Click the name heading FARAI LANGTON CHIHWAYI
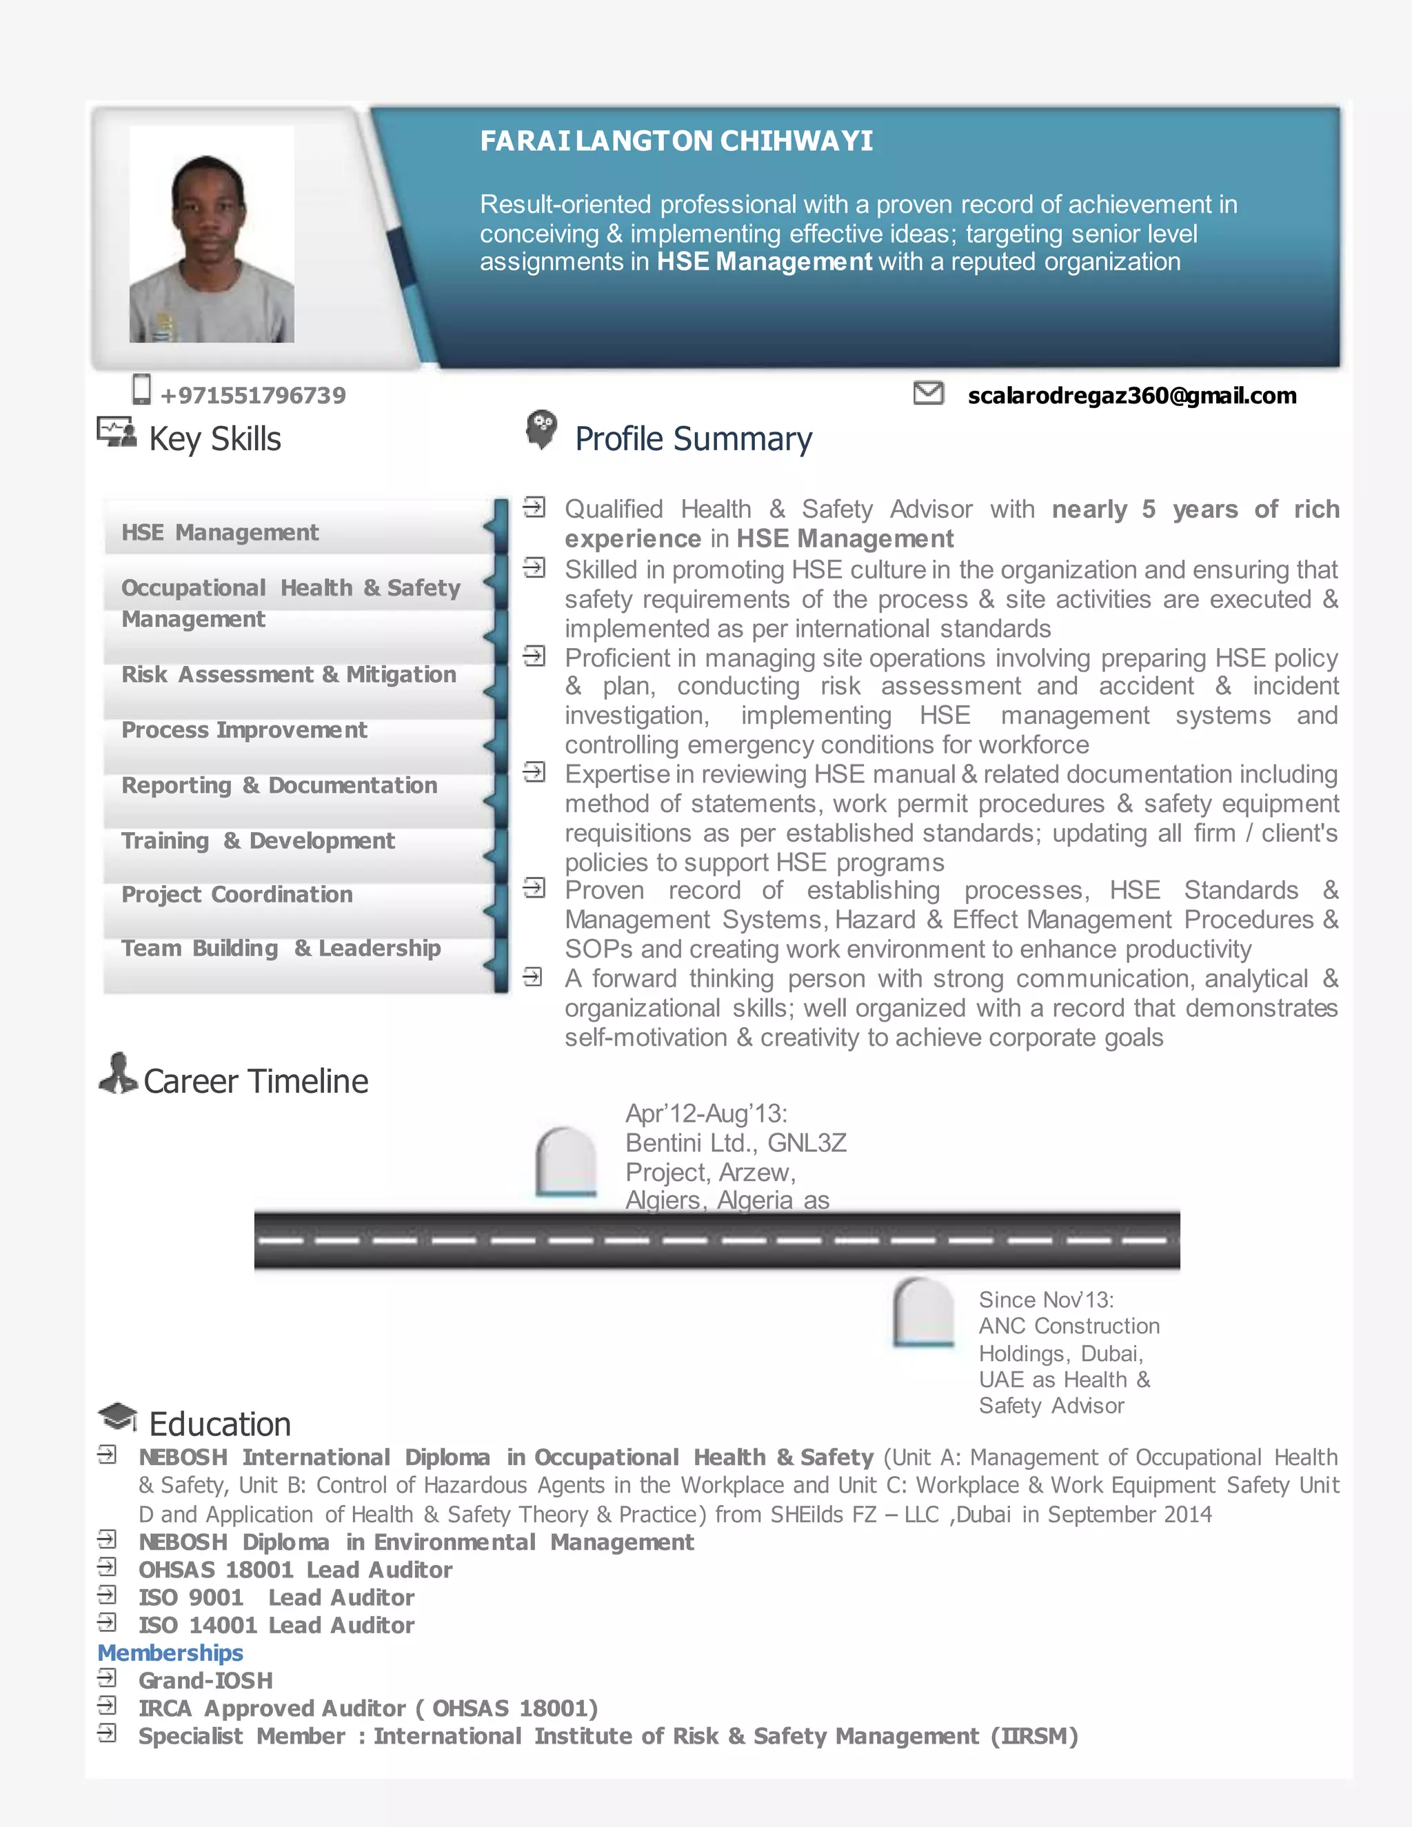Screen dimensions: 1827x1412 [676, 141]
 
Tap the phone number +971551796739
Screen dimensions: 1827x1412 [252, 396]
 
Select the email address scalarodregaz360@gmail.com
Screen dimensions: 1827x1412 [1132, 396]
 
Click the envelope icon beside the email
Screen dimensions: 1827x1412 [928, 392]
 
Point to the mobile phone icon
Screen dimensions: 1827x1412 [141, 390]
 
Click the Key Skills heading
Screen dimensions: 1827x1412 [215, 439]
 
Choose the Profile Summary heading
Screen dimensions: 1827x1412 [694, 439]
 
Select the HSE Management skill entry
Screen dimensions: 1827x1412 [220, 533]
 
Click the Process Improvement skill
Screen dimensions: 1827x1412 [244, 730]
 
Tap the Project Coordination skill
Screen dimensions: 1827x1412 [236, 895]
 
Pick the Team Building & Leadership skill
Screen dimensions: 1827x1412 [281, 949]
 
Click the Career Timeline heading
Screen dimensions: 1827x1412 [255, 1082]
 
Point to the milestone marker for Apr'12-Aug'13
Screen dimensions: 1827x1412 [565, 1161]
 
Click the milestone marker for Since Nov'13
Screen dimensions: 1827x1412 [923, 1312]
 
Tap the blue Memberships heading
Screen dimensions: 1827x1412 [171, 1653]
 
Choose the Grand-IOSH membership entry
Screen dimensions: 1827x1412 [205, 1681]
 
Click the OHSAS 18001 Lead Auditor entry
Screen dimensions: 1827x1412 [295, 1570]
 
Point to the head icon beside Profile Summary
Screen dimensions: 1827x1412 [541, 429]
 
